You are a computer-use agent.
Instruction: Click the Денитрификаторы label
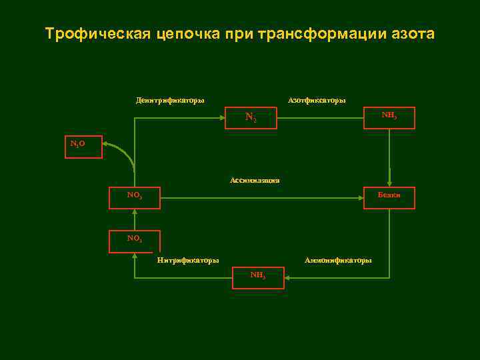point(170,101)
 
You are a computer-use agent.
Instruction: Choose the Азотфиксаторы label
point(317,101)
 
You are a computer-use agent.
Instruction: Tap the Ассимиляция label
point(255,180)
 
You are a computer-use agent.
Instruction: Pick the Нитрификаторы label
point(188,260)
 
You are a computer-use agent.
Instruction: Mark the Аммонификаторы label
point(338,260)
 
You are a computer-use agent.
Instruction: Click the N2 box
point(251,118)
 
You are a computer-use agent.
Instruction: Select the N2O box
point(83,147)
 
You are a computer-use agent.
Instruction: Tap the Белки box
point(389,197)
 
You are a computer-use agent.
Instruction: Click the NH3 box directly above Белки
point(389,118)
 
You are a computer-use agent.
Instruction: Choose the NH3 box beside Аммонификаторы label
point(258,277)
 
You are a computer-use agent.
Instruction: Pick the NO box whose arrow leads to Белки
point(135,197)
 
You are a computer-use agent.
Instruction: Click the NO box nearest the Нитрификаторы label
point(135,241)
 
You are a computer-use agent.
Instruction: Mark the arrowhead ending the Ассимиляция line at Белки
point(360,197)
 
